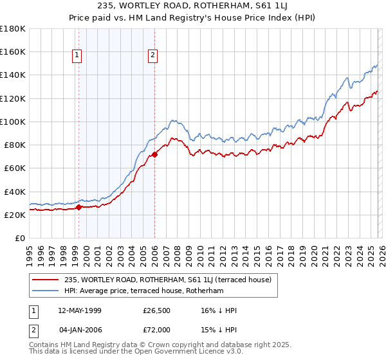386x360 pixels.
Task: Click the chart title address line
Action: pos(192,6)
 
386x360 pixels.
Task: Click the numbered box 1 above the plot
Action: pos(77,56)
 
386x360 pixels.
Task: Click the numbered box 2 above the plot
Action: pos(152,56)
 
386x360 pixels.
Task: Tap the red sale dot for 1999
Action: pos(78,207)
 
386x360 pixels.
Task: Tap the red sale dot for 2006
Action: pos(154,154)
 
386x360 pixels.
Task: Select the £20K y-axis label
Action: pos(14,215)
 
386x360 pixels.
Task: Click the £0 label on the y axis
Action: pos(19,239)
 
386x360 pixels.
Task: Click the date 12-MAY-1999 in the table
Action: pos(82,311)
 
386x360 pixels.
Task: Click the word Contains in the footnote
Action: pos(44,346)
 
